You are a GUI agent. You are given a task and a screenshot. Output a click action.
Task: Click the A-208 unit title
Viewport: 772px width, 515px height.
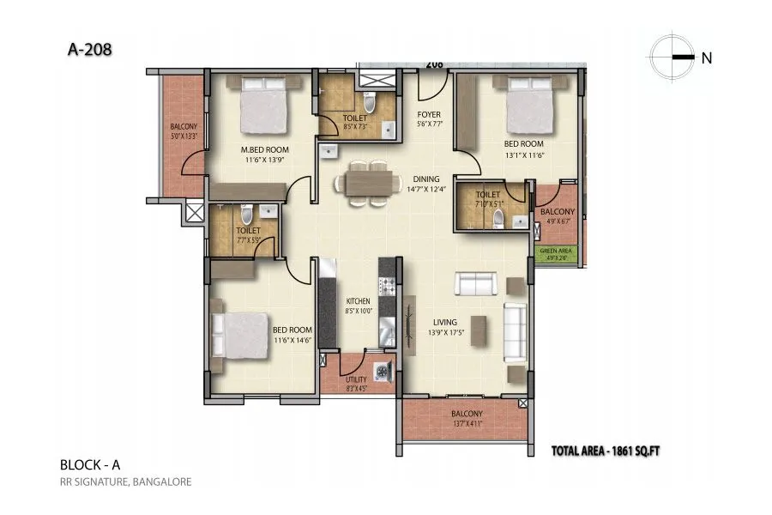click(x=89, y=50)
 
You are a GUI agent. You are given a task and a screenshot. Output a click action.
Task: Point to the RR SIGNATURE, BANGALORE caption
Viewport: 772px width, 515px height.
click(x=125, y=482)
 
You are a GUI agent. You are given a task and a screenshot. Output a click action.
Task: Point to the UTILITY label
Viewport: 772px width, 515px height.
click(x=356, y=379)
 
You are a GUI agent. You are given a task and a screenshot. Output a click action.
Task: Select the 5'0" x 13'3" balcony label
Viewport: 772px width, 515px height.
click(x=184, y=130)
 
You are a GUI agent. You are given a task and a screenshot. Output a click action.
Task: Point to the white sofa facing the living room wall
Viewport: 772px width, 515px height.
click(x=516, y=324)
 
